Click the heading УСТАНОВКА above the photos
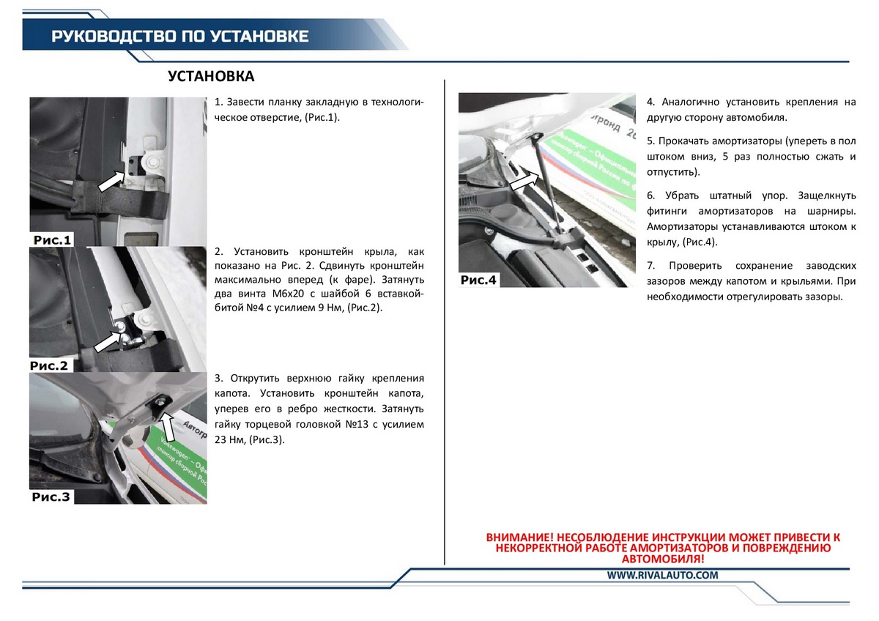pyautogui.click(x=211, y=76)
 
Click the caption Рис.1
pyautogui.click(x=52, y=240)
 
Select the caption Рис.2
pyautogui.click(x=49, y=365)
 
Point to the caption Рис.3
pyautogui.click(x=51, y=497)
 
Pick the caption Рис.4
pyautogui.click(x=478, y=280)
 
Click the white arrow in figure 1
pyautogui.click(x=111, y=181)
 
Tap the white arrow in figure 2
pyautogui.click(x=108, y=342)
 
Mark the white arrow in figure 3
pyautogui.click(x=168, y=426)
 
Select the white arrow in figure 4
pyautogui.click(x=524, y=182)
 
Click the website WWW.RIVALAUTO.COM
pyautogui.click(x=663, y=575)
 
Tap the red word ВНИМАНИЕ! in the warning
pyautogui.click(x=520, y=537)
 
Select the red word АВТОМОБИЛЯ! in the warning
pyautogui.click(x=663, y=559)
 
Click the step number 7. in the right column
pyautogui.click(x=651, y=266)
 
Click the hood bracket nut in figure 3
pyautogui.click(x=162, y=401)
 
